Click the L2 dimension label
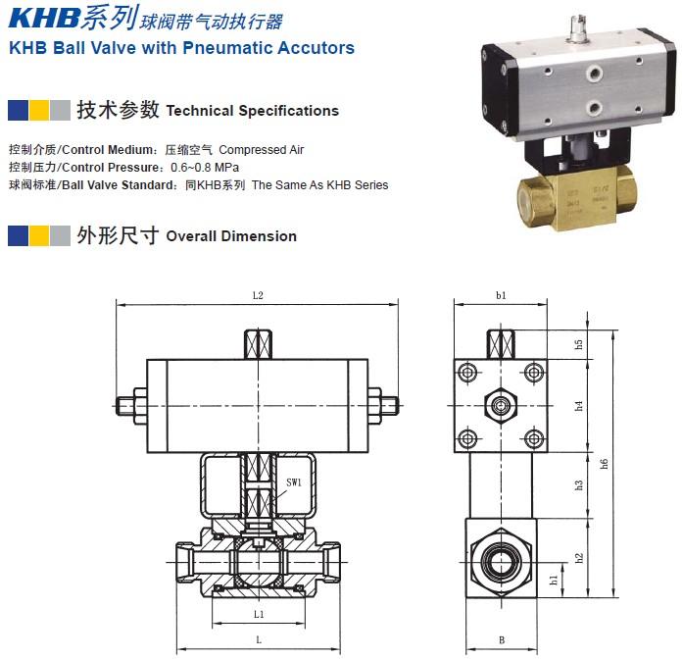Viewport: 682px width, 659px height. point(258,296)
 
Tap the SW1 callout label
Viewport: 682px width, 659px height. point(294,482)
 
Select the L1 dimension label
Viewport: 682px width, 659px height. point(259,614)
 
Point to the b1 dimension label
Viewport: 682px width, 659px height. point(501,295)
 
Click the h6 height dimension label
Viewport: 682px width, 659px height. point(604,464)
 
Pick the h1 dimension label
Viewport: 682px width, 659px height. point(554,580)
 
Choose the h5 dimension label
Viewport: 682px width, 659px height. point(578,344)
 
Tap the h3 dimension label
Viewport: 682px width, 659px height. point(578,484)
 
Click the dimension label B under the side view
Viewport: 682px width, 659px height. point(502,639)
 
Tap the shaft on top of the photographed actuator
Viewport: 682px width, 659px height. point(578,29)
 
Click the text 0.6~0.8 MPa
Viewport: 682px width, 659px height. point(205,168)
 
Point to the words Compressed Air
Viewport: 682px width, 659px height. point(261,150)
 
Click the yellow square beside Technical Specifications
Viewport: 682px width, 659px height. point(39,110)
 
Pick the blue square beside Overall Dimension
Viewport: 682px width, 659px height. point(19,235)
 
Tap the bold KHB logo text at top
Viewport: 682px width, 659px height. point(44,19)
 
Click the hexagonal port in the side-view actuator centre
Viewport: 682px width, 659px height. point(501,406)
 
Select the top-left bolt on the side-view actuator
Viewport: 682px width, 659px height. point(467,373)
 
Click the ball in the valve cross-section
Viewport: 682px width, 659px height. point(259,562)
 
